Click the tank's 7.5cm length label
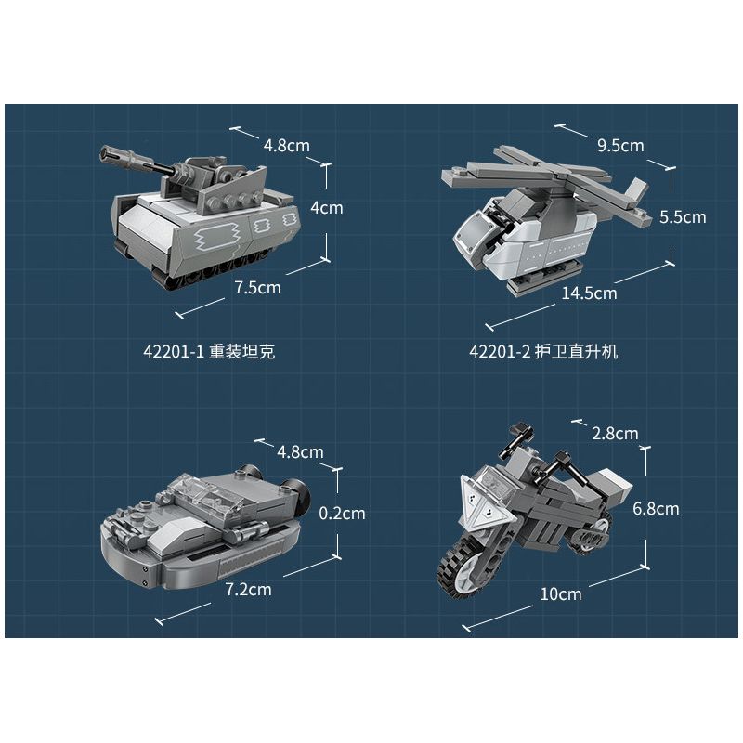coord(258,288)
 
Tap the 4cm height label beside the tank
coord(327,207)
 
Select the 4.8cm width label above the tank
coord(287,145)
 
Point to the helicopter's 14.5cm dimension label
coord(589,293)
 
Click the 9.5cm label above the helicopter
coord(620,145)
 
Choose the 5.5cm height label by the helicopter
coord(683,217)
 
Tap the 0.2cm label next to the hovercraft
coord(342,514)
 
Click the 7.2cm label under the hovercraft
coord(248,590)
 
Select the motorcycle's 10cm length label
coord(561,593)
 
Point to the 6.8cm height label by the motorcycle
coord(656,508)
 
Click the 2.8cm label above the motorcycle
coord(615,433)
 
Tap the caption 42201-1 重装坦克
coord(209,352)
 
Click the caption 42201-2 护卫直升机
coord(543,352)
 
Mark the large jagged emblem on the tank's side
coord(215,237)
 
